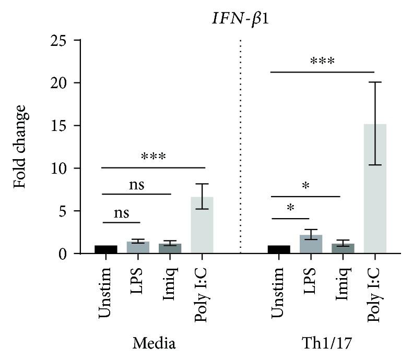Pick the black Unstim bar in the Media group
106,249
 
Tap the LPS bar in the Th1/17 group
311,244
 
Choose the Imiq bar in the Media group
170,248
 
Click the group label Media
154,343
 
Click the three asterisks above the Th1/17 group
322,62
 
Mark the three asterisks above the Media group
153,157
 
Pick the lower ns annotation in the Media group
122,212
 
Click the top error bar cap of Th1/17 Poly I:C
374,82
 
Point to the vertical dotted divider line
240,146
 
